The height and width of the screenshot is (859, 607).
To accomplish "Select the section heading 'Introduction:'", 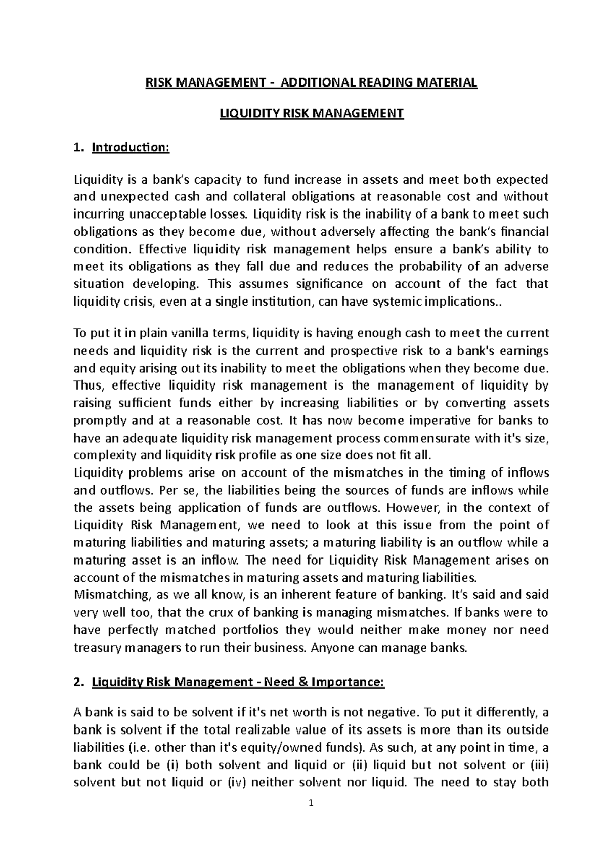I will pos(129,147).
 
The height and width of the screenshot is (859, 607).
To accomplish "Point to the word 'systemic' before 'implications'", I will pos(392,302).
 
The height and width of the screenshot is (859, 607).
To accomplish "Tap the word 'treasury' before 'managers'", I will pos(95,647).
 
